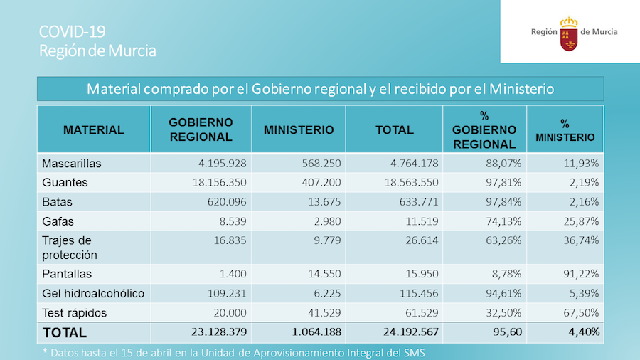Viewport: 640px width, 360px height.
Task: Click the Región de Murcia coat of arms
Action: (569, 33)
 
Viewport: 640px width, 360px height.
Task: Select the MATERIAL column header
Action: (93, 130)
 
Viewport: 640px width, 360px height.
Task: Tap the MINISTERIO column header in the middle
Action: (299, 130)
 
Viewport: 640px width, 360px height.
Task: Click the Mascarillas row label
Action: (72, 163)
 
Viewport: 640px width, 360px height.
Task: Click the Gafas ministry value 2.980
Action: (327, 221)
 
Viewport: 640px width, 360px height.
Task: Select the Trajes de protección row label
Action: (70, 248)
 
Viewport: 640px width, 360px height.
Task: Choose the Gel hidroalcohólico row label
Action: (93, 293)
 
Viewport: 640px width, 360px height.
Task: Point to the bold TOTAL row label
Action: (65, 332)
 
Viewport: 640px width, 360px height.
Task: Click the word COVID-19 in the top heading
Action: (72, 31)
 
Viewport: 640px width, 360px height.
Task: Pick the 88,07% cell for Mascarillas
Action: (498, 163)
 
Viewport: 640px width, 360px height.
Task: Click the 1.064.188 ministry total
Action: (313, 332)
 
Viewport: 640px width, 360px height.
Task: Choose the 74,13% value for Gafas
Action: (498, 221)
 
